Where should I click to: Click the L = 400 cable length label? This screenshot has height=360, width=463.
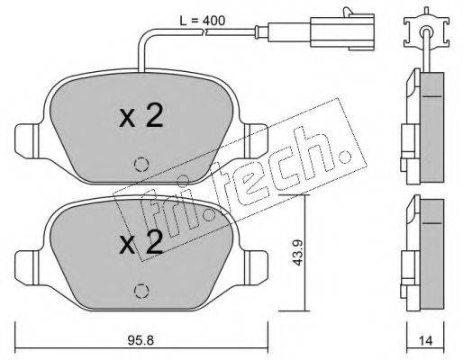202,21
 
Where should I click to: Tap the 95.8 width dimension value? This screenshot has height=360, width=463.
141,340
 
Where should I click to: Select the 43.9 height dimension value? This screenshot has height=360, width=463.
297,253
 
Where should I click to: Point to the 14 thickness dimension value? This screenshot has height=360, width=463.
425,340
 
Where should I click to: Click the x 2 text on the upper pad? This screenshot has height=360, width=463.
141,116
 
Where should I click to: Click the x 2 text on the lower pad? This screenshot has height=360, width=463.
141,242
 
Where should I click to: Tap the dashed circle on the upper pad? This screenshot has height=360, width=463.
141,165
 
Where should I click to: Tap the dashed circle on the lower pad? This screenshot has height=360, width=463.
141,291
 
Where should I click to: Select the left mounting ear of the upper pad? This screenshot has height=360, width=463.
27,141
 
